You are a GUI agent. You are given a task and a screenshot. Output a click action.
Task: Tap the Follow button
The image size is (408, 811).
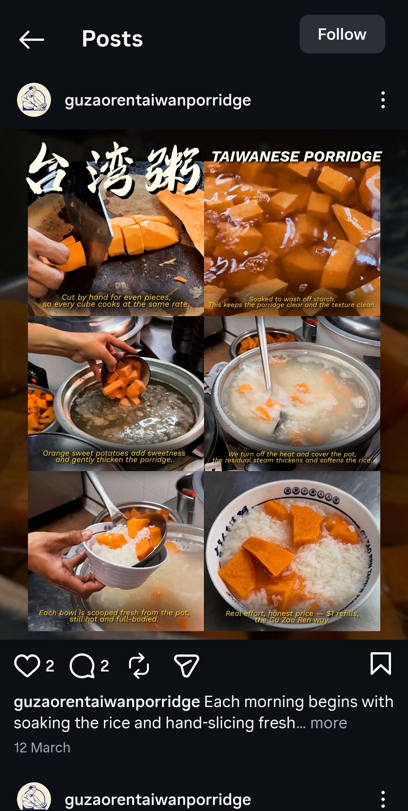coord(342,34)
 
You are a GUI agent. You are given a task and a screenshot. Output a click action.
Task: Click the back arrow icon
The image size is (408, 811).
coord(32,39)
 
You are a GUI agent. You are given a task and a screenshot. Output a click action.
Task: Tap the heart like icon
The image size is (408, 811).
coord(27,665)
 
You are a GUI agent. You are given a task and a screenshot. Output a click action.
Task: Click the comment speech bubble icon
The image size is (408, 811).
coord(82,665)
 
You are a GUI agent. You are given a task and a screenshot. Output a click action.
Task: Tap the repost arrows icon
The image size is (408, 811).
coord(139,665)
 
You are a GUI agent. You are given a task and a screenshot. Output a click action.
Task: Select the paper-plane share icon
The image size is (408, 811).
coord(186,665)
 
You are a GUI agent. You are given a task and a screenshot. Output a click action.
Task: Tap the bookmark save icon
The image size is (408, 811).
coord(380,664)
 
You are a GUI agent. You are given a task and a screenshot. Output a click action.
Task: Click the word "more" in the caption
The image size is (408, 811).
coord(328,723)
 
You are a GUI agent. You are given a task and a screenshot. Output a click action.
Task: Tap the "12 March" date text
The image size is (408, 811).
coord(42,747)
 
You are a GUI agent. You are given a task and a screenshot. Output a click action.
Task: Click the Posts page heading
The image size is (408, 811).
coord(112,39)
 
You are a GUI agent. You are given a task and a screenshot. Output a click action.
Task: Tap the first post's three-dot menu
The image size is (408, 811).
coord(383,100)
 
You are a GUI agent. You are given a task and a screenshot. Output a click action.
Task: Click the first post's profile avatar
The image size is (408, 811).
coord(34,100)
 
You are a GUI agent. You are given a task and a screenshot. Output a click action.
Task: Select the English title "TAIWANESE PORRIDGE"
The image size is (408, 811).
coord(297,157)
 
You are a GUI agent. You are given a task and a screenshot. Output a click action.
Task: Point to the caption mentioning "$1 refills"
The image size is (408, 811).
coord(292,616)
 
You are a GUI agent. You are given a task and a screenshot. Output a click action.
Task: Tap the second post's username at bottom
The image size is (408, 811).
coord(158,799)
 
